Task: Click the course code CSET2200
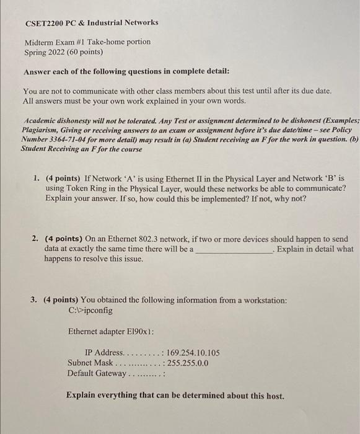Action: [x=45, y=22]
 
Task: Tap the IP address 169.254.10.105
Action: [x=189, y=353]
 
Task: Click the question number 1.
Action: [x=37, y=179]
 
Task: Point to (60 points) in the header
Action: [x=86, y=52]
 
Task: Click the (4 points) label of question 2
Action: [x=64, y=239]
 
